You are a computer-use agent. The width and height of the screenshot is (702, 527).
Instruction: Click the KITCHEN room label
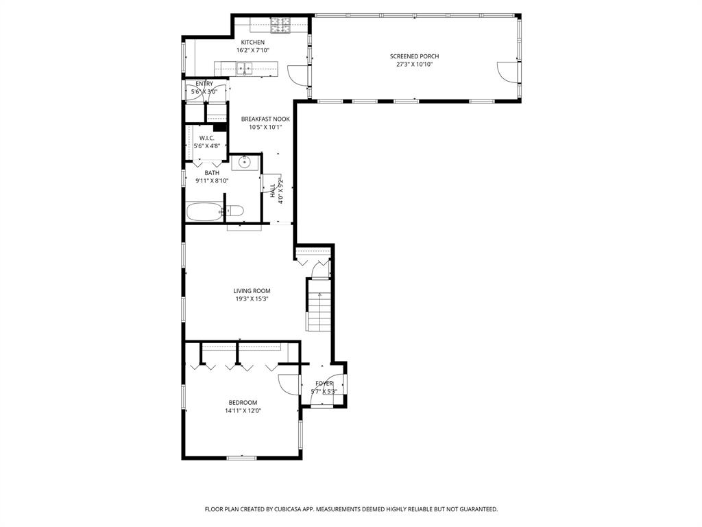[252, 43]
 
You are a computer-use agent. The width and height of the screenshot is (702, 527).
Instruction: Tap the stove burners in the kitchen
[280, 25]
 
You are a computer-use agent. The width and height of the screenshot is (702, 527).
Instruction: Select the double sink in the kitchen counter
[244, 67]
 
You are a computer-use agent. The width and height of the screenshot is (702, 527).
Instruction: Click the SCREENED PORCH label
[414, 56]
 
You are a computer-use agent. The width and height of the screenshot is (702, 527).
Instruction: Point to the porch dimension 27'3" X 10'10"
[414, 65]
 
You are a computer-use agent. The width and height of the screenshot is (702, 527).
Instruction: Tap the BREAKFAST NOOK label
[265, 119]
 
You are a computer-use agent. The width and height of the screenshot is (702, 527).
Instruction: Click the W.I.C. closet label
[207, 138]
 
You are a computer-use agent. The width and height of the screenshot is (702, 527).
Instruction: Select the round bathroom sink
[245, 163]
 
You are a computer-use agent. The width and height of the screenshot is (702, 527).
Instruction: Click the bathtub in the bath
[204, 211]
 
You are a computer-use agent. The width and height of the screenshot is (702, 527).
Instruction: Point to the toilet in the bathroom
[234, 211]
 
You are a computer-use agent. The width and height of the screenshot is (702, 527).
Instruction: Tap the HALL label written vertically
[272, 190]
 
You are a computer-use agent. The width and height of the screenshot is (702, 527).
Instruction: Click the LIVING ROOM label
[252, 291]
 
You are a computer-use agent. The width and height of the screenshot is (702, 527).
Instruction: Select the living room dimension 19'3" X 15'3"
[252, 299]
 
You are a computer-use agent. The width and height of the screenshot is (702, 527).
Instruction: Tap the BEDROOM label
[243, 403]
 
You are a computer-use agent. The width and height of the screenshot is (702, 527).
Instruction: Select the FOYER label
[324, 384]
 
